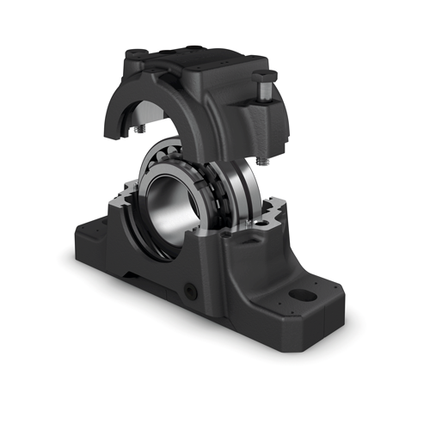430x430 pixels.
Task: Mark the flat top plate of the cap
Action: (x=206, y=58)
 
